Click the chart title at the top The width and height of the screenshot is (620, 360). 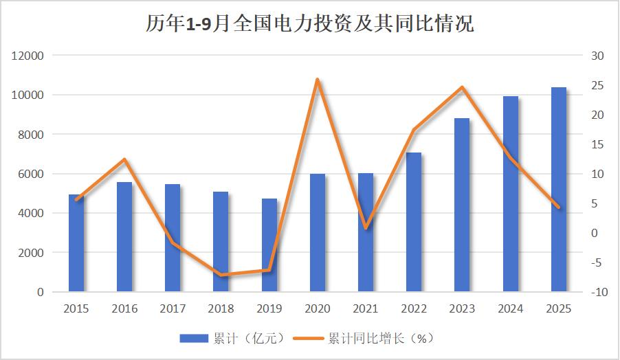[x=309, y=24]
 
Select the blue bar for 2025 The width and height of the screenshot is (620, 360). [x=559, y=190]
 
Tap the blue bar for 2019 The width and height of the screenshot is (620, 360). [x=269, y=245]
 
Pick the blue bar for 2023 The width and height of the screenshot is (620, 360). [x=462, y=205]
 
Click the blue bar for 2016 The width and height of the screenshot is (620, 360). [x=124, y=237]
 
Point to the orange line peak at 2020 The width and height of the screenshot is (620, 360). [x=317, y=80]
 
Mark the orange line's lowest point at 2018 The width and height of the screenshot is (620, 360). [x=221, y=275]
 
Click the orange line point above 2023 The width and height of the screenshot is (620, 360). [x=462, y=87]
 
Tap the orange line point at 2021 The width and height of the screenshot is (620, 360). [x=365, y=227]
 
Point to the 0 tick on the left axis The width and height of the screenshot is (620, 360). [x=41, y=292]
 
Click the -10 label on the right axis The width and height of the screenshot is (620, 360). [x=599, y=292]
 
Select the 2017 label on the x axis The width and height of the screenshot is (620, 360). [x=173, y=309]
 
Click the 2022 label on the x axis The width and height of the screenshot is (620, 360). [x=414, y=309]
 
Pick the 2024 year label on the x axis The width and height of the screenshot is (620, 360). [x=510, y=309]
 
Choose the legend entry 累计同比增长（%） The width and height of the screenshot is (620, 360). [x=364, y=338]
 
